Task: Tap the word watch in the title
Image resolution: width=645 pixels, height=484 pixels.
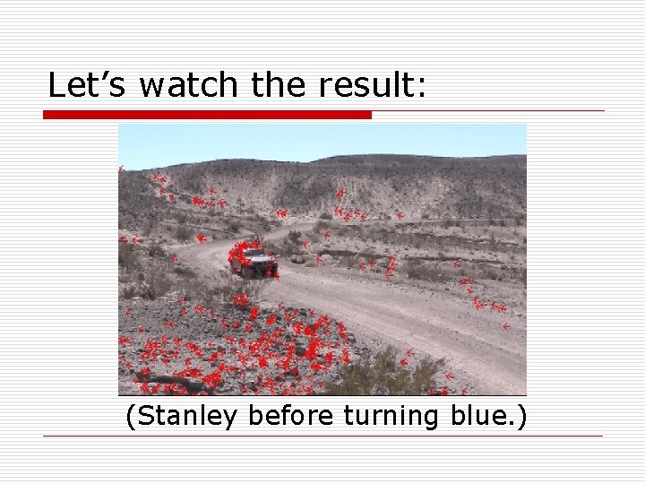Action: click(x=189, y=86)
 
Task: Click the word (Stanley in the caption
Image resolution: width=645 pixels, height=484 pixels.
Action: click(x=184, y=417)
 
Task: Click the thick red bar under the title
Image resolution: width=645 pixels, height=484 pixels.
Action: click(x=207, y=115)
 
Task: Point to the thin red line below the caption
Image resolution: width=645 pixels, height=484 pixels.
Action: click(x=322, y=436)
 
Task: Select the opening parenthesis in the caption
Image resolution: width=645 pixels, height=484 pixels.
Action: click(x=132, y=417)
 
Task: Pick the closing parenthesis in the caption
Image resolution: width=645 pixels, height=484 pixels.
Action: click(x=522, y=417)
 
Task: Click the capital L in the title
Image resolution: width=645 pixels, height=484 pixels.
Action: click(x=56, y=85)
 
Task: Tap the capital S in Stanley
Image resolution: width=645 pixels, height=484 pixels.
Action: click(x=144, y=416)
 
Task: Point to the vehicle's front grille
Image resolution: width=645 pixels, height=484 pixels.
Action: click(x=261, y=266)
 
